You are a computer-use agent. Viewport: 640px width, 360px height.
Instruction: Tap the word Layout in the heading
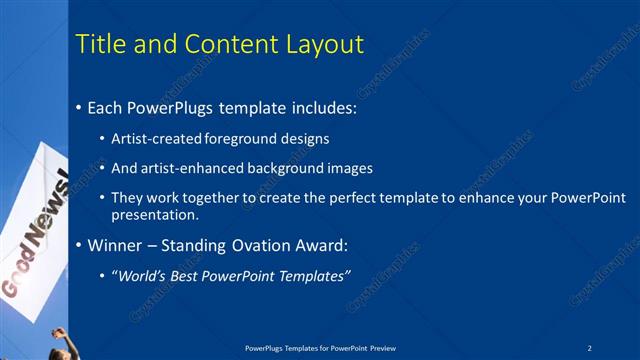click(x=329, y=44)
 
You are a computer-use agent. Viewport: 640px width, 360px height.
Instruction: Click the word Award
click(x=326, y=245)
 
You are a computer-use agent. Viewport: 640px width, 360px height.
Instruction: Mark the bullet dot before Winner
click(x=79, y=245)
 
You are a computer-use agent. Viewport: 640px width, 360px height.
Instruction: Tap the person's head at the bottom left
click(x=58, y=335)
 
